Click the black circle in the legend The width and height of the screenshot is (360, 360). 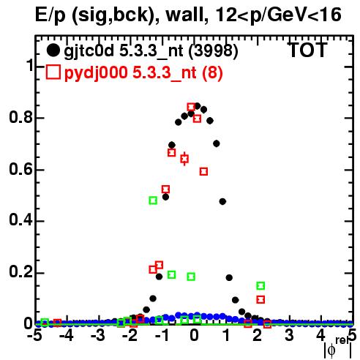53,50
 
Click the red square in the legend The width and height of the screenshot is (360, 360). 53,72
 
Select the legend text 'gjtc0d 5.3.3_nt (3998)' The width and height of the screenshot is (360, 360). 151,52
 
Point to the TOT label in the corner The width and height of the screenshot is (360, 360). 307,50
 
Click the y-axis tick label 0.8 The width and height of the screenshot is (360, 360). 20,117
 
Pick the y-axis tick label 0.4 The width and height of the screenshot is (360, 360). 20,220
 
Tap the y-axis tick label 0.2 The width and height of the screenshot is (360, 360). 20,272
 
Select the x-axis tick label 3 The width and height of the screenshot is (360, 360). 289,336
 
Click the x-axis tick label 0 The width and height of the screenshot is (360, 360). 194,336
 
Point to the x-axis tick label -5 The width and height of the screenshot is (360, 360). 34,336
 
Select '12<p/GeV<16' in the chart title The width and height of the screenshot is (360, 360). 278,16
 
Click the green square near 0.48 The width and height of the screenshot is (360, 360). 153,200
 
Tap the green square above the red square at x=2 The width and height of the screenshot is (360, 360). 260,285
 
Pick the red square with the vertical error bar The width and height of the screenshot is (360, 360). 184,159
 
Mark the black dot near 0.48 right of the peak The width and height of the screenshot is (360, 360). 222,201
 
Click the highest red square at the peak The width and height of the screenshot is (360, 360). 191,107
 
